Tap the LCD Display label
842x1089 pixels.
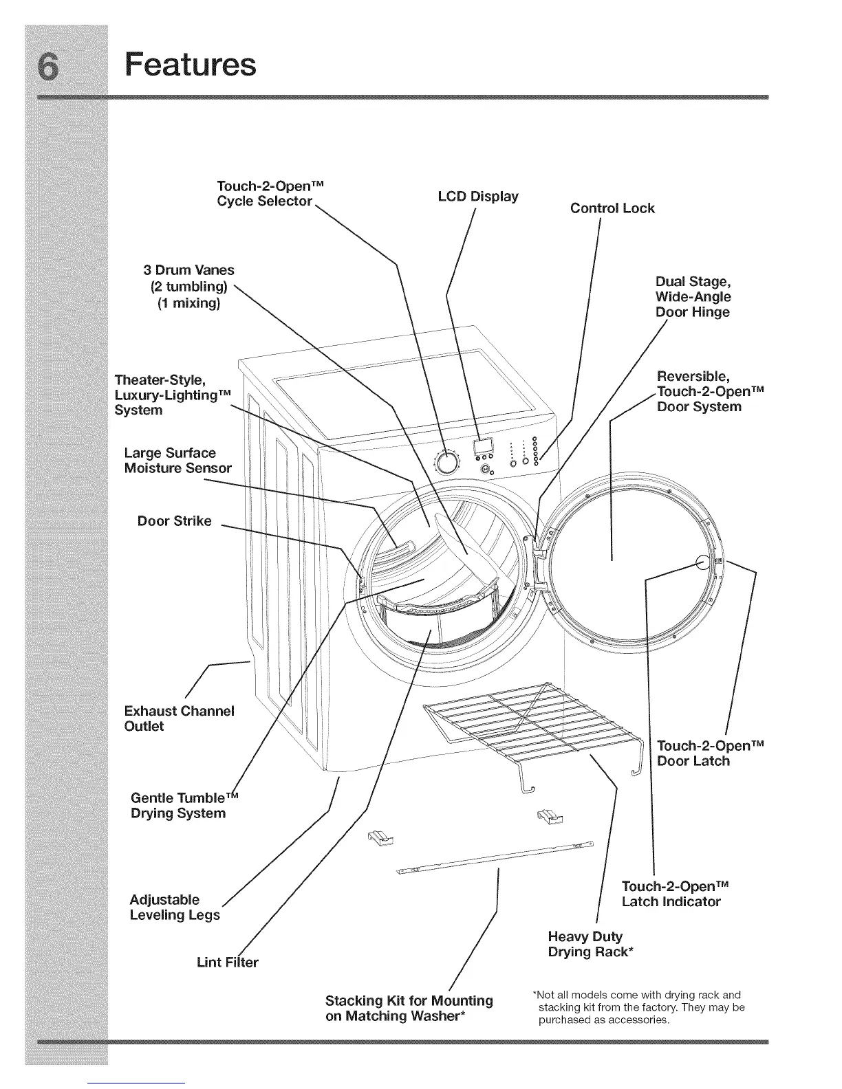tap(478, 197)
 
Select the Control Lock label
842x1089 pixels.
tap(612, 208)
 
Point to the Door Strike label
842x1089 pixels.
tap(175, 521)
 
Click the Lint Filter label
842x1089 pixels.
tap(228, 962)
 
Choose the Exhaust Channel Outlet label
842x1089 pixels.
tap(179, 718)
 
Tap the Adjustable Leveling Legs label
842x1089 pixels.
tap(175, 907)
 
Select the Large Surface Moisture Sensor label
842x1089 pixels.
tap(177, 461)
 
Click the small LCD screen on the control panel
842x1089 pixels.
tap(483, 446)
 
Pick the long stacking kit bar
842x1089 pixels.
tap(495, 857)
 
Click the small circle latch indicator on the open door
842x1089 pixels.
tap(702, 562)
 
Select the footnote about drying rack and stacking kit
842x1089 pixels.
tap(638, 1007)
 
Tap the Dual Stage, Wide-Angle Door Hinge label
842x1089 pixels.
tap(693, 297)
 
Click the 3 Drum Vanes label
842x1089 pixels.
tap(188, 286)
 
